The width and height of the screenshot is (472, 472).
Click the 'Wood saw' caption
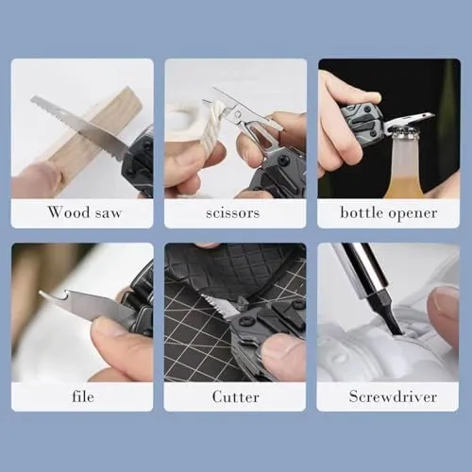85,212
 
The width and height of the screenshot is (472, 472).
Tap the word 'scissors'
233,213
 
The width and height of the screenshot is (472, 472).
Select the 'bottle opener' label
389,213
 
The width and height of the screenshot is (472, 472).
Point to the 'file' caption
83,396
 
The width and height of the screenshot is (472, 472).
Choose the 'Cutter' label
236,396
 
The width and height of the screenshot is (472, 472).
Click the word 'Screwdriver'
393,396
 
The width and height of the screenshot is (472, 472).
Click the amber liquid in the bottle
405,188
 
